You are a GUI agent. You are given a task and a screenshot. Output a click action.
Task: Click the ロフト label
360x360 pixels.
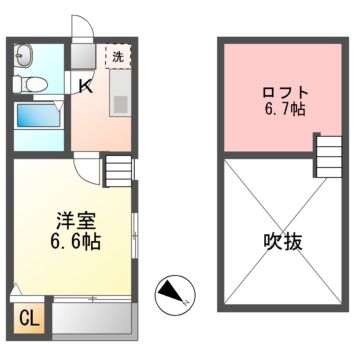pos(273,88)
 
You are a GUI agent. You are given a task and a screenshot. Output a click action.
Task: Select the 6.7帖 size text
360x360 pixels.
pos(273,108)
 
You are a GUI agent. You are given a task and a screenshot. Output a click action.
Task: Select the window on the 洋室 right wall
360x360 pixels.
pos(134,240)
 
